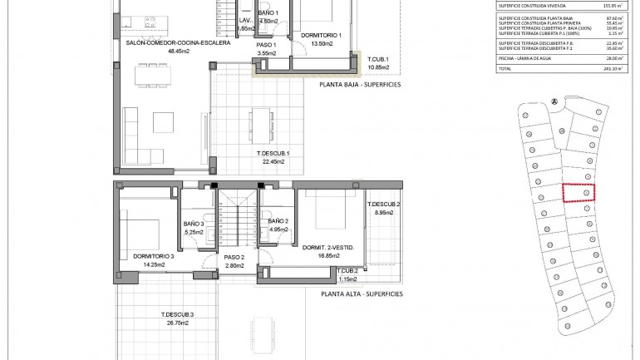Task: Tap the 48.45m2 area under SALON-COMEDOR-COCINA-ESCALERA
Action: click(179, 51)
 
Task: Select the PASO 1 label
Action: click(265, 46)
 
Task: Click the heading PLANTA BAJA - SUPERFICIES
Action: click(360, 84)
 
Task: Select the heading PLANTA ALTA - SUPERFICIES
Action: click(362, 293)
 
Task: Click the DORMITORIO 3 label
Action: click(153, 256)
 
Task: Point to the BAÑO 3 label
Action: click(194, 224)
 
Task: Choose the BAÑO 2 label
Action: click(278, 220)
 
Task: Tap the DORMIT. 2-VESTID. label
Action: click(330, 247)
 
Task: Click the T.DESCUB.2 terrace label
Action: click(383, 205)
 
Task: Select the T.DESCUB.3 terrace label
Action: click(177, 314)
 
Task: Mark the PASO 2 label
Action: click(234, 258)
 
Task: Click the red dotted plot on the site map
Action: click(578, 192)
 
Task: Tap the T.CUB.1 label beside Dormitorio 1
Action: click(378, 59)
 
